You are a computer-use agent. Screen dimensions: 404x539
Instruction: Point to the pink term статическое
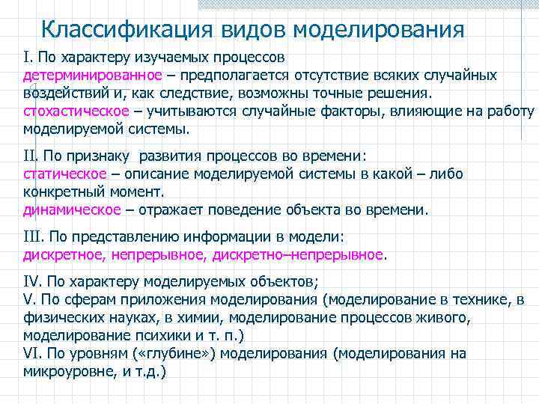pyautogui.click(x=64, y=174)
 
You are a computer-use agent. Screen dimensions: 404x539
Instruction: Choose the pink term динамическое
pyautogui.click(x=72, y=209)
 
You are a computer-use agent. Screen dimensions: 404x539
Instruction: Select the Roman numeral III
pyautogui.click(x=34, y=236)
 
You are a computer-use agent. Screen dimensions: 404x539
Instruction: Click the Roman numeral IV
pyautogui.click(x=32, y=281)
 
